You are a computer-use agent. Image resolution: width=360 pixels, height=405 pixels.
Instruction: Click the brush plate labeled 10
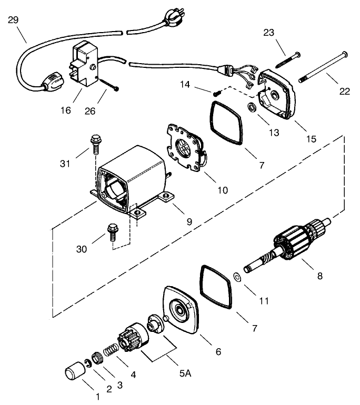pyautogui.click(x=186, y=148)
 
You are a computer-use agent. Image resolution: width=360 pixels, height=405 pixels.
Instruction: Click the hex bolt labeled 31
pyautogui.click(x=95, y=141)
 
